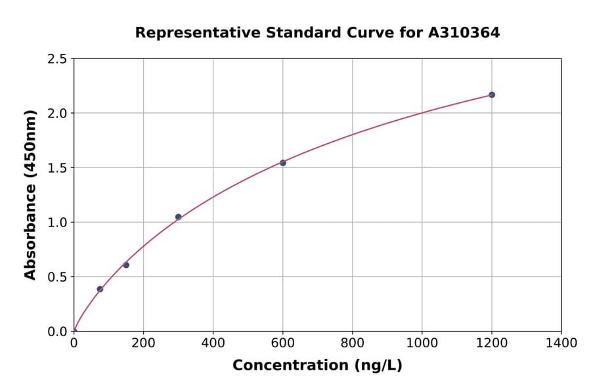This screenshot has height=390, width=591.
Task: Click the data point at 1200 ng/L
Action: [x=491, y=95]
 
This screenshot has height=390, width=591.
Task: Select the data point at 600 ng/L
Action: [x=282, y=163]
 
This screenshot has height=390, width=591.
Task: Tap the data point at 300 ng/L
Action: [x=178, y=217]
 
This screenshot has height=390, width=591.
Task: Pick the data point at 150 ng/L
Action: [x=126, y=265]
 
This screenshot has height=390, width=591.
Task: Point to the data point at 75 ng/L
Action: [x=100, y=289]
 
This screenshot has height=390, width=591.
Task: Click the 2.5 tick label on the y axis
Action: [x=57, y=59]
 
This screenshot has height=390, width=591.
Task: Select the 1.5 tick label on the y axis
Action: [x=57, y=168]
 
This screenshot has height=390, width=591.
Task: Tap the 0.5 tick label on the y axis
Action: [x=57, y=277]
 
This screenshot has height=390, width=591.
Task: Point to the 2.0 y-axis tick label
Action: [x=57, y=114]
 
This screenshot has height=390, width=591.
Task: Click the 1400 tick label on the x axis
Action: [x=561, y=343]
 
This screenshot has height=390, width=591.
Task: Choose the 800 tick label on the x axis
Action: [x=352, y=343]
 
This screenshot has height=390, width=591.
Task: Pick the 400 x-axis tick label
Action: [x=213, y=343]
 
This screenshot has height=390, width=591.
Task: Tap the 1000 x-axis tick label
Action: [x=422, y=343]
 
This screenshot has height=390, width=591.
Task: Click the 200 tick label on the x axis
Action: [x=143, y=343]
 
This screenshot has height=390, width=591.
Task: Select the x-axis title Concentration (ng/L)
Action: [x=317, y=366]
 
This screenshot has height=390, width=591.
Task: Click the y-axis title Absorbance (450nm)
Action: [x=30, y=194]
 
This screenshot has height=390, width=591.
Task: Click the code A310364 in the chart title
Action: [x=464, y=33]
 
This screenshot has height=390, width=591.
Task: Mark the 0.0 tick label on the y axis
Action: [x=57, y=332]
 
